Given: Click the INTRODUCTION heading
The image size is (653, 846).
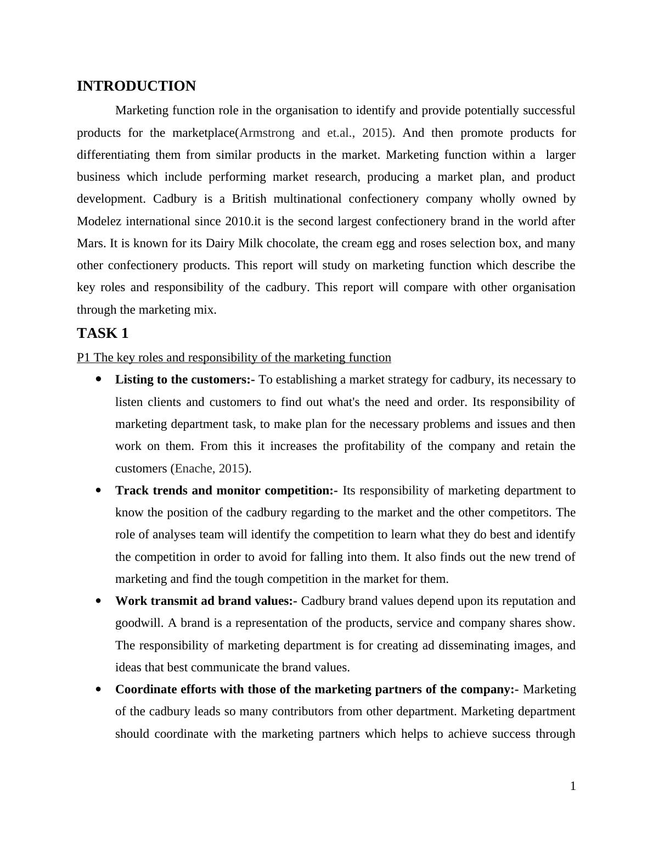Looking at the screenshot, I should [x=136, y=86].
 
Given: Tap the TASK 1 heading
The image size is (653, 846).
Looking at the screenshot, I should [x=103, y=333].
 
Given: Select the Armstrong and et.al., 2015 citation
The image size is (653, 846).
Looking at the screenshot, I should [x=314, y=133].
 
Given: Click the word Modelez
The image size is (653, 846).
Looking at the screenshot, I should [x=99, y=221].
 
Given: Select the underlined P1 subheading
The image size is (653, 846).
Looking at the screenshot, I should [x=234, y=358].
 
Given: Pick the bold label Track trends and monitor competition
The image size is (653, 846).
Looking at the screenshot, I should [x=226, y=491].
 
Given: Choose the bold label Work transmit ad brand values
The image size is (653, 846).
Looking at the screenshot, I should [x=206, y=601].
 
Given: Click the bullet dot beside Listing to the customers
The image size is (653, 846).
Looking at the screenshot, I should [x=99, y=379].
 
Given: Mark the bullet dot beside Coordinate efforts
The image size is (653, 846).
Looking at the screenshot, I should [x=99, y=689].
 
